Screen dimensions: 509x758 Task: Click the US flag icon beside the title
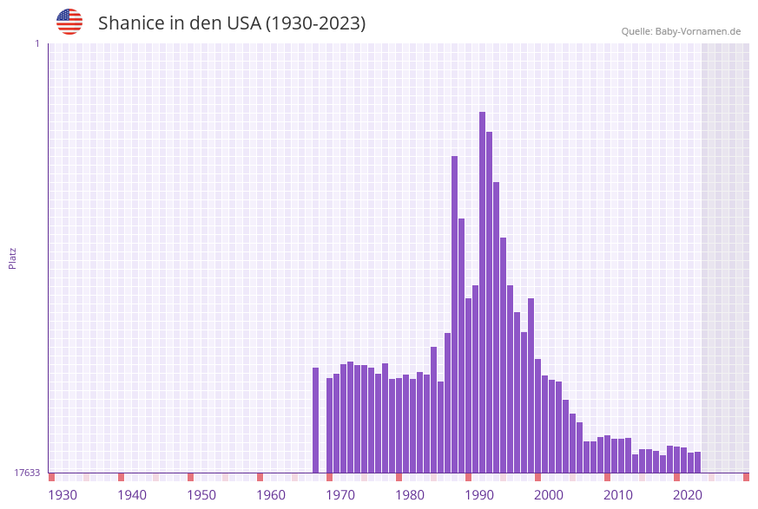[x=69, y=22]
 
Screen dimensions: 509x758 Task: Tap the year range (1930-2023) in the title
[x=315, y=23]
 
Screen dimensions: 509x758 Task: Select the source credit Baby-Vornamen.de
[x=681, y=31]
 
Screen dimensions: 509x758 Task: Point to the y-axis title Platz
[x=12, y=258]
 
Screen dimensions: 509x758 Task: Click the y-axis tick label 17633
[x=27, y=473]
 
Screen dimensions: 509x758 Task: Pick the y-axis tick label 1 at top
[x=36, y=43]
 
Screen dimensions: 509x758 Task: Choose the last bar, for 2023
[x=697, y=462]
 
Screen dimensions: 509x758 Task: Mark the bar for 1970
[x=329, y=425]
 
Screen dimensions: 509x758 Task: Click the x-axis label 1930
[x=63, y=495]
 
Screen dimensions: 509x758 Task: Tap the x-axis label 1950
[x=201, y=495]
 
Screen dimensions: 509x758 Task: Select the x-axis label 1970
[x=340, y=495]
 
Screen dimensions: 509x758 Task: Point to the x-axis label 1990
[x=479, y=495]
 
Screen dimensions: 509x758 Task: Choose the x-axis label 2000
[x=549, y=495]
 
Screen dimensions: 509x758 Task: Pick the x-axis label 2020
[x=688, y=495]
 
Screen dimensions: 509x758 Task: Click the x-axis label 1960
[x=271, y=495]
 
